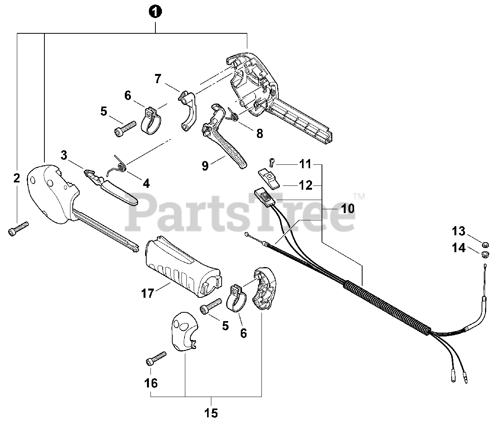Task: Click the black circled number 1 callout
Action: tap(155, 12)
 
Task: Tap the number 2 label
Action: tap(16, 178)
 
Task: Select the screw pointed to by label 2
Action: tap(18, 228)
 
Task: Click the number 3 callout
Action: tap(64, 156)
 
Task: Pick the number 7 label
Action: tap(157, 79)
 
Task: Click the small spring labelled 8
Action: tap(233, 114)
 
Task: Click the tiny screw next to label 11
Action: tap(271, 162)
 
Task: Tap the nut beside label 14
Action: tap(483, 253)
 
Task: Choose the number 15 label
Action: tap(211, 414)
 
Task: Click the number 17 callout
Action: tap(147, 294)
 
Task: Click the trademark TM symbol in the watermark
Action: tap(359, 197)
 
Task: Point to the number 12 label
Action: tap(305, 185)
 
